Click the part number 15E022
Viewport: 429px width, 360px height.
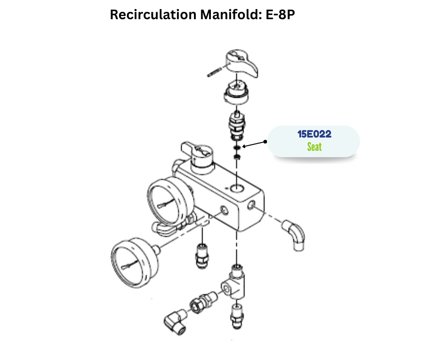pos(314,135)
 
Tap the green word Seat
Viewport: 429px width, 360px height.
pos(314,147)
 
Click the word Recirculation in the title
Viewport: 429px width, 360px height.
pos(153,15)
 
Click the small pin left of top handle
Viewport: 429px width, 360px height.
pos(214,72)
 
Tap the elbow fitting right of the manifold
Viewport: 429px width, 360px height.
pos(295,233)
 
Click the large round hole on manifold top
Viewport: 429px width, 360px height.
pos(237,188)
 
